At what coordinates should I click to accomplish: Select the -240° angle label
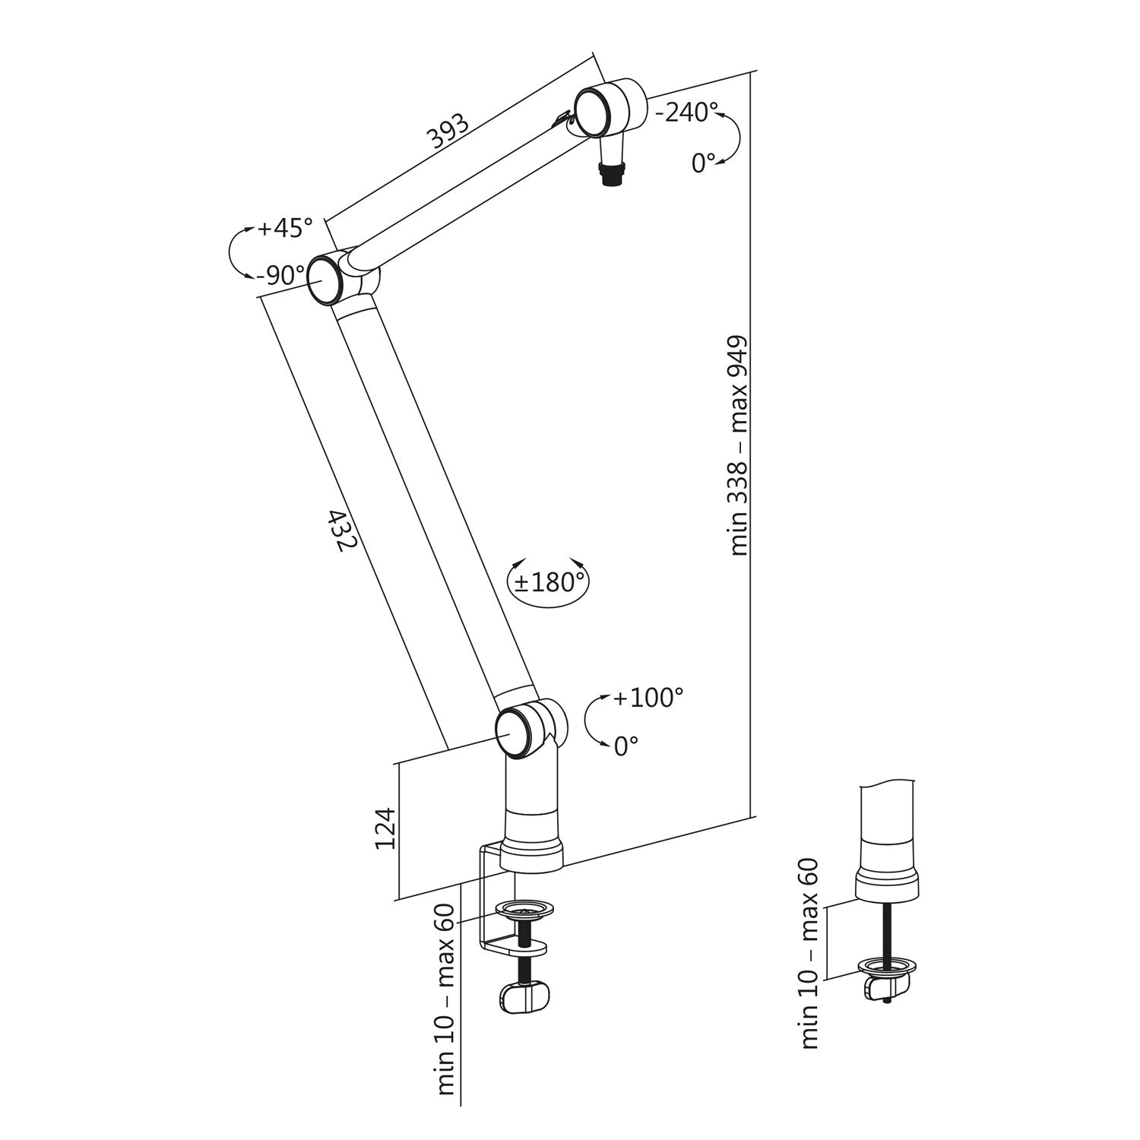point(686,112)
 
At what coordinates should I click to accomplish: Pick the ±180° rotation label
point(549,582)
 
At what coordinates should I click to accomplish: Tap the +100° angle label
point(648,698)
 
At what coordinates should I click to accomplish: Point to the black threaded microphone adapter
point(612,173)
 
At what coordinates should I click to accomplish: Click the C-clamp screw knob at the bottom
point(524,997)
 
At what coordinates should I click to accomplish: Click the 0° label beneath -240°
point(704,163)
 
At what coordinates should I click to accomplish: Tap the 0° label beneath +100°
point(625,747)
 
